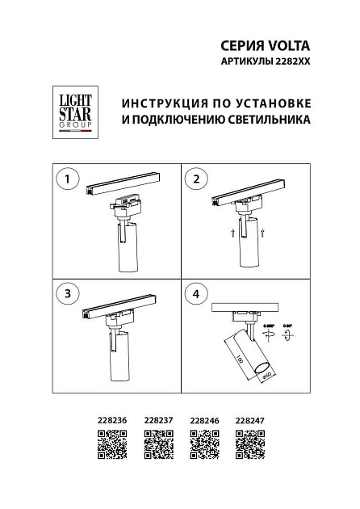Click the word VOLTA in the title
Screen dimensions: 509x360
pos(290,46)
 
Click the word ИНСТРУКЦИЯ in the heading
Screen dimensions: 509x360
pos(157,104)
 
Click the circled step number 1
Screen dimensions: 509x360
pos(67,179)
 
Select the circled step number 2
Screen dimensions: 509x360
pos(195,179)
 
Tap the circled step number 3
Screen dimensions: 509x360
pos(67,292)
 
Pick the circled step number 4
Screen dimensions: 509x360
pos(195,292)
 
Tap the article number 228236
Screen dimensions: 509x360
pos(111,420)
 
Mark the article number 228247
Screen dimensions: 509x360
pos(249,420)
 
